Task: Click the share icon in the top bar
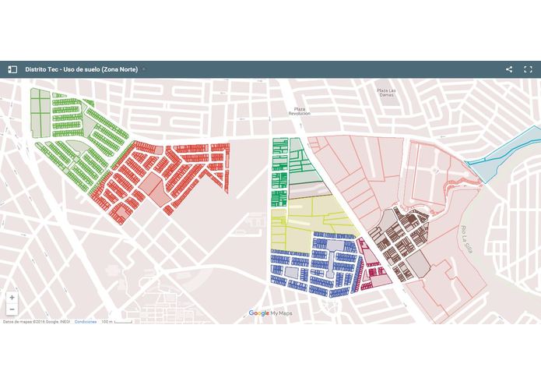point(509,69)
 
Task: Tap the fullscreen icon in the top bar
point(528,69)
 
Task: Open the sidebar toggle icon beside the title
point(12,69)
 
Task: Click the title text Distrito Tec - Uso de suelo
point(82,69)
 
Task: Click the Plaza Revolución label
point(300,111)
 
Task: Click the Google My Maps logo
point(270,313)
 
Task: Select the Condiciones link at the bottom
point(86,321)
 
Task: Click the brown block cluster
point(397,238)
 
